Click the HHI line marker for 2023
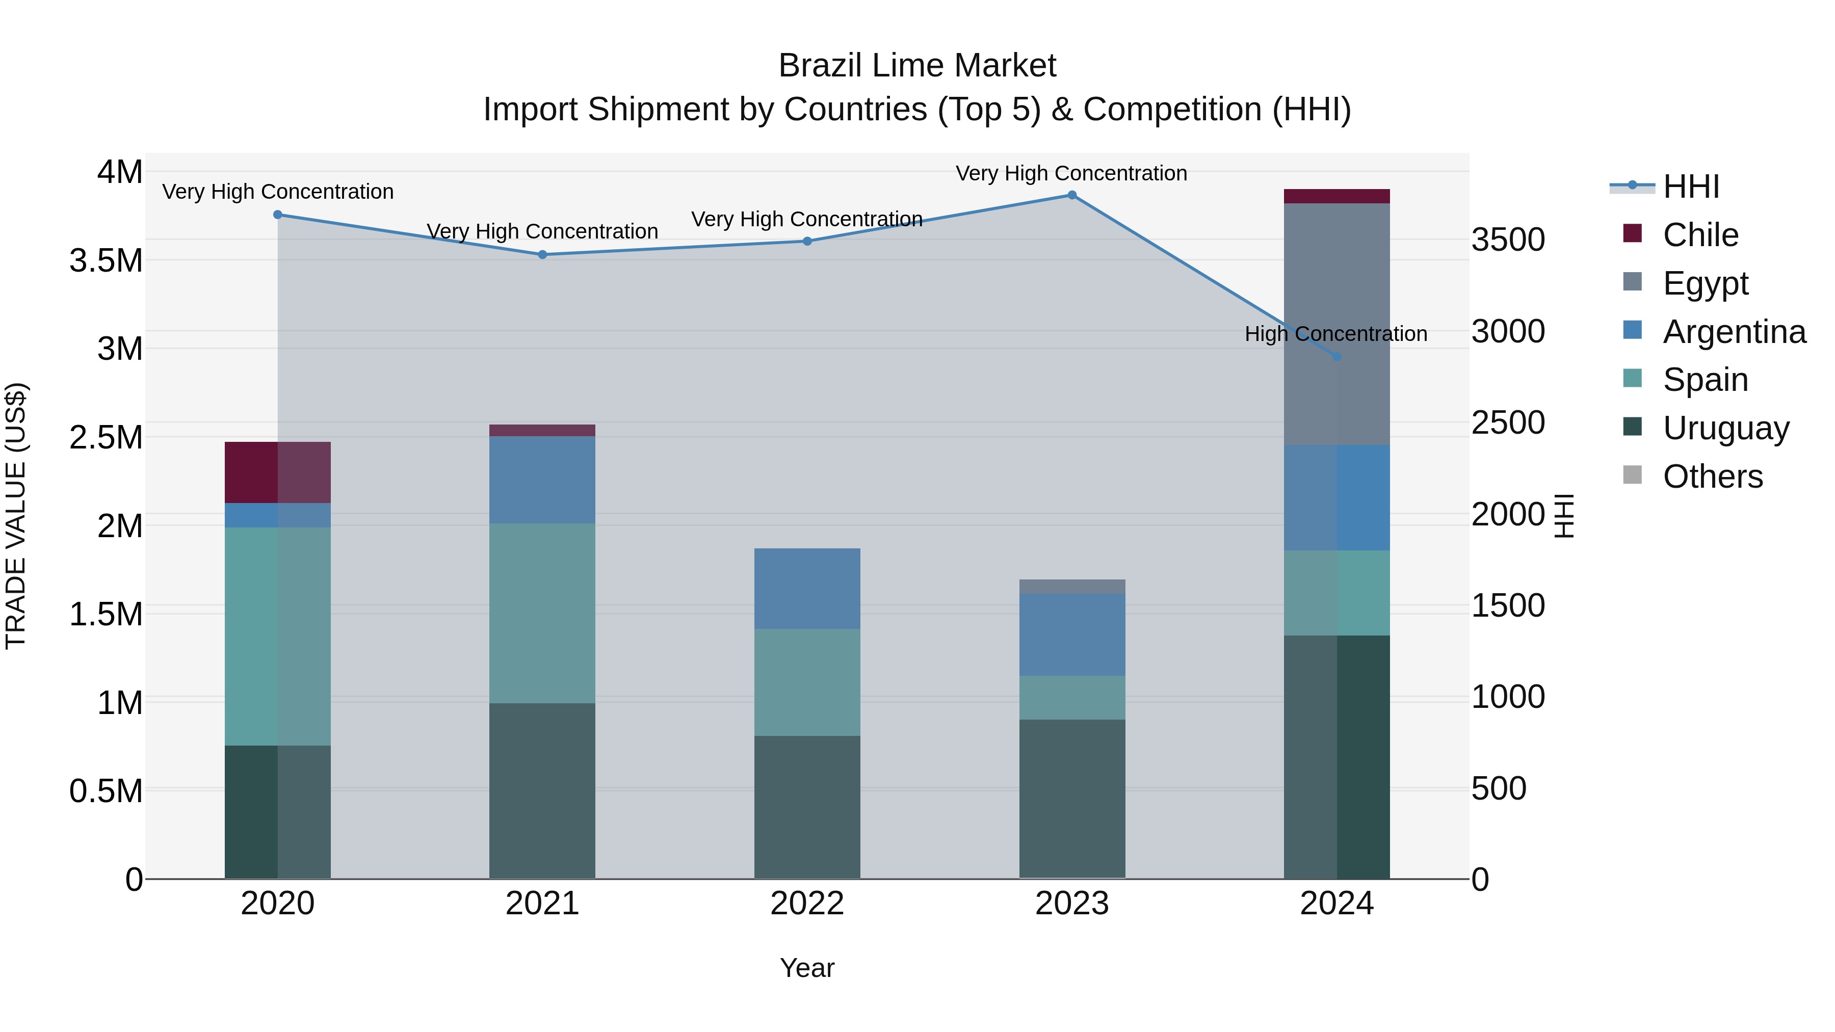(1071, 195)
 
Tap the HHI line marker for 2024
(1336, 357)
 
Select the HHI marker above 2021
(542, 254)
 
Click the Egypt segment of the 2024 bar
(1336, 324)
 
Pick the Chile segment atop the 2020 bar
(277, 472)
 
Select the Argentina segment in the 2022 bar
(807, 588)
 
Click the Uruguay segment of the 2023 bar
(1071, 799)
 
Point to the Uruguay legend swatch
(1632, 428)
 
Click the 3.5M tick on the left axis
(106, 260)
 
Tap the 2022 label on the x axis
(807, 904)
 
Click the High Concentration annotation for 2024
(1335, 333)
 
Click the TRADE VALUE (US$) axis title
(16, 516)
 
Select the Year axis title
(807, 968)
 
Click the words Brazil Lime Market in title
(917, 66)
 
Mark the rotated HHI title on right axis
(1564, 516)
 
